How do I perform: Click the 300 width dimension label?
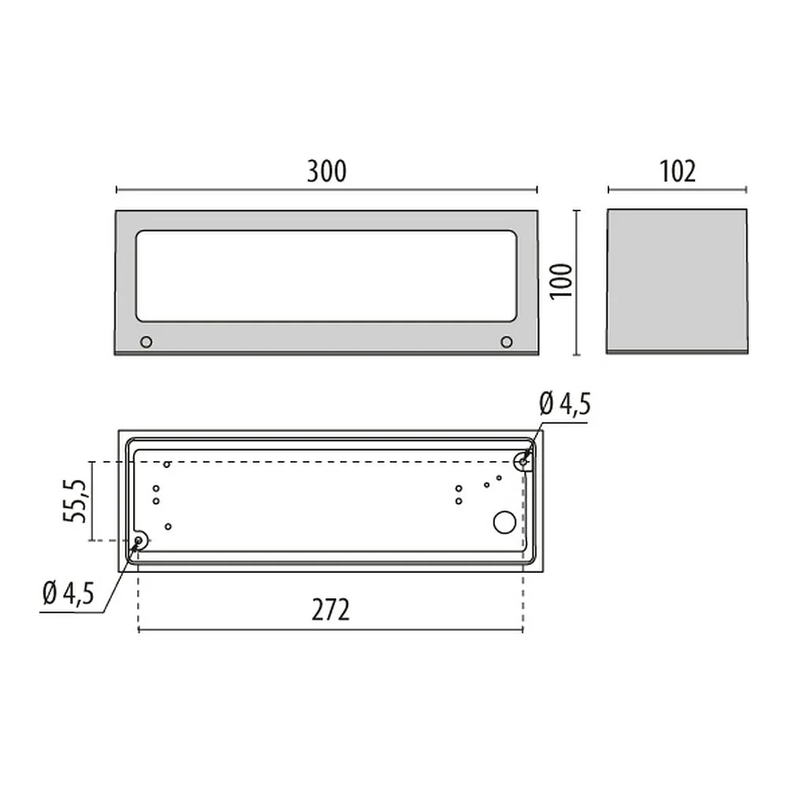point(327,171)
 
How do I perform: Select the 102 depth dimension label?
point(678,171)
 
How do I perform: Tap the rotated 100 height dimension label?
point(561,281)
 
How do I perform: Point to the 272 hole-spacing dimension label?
point(330,610)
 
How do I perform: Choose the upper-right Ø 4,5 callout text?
point(565,404)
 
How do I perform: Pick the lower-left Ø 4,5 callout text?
point(69,594)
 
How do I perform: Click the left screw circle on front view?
point(147,342)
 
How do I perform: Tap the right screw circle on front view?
point(507,342)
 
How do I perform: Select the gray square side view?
point(677,281)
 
